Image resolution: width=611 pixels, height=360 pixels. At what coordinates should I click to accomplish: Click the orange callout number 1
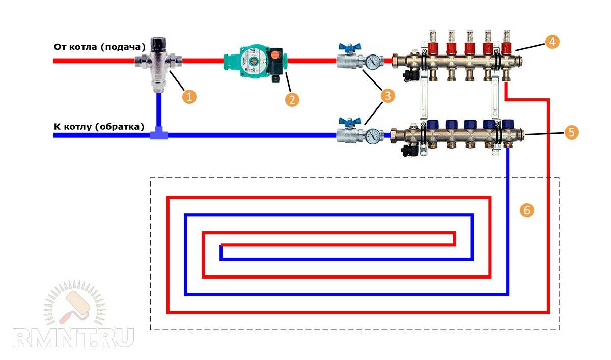click(x=189, y=96)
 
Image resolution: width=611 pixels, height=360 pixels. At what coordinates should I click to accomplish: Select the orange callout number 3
click(x=388, y=95)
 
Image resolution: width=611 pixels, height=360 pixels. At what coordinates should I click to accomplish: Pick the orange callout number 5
click(x=571, y=132)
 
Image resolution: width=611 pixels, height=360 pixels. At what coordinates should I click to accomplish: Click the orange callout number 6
click(x=527, y=210)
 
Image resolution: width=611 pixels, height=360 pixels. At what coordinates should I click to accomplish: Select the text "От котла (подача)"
click(x=100, y=47)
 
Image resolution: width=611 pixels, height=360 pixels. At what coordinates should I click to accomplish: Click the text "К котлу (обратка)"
click(x=99, y=126)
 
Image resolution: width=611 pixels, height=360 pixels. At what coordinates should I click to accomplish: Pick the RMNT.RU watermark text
click(x=73, y=337)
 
